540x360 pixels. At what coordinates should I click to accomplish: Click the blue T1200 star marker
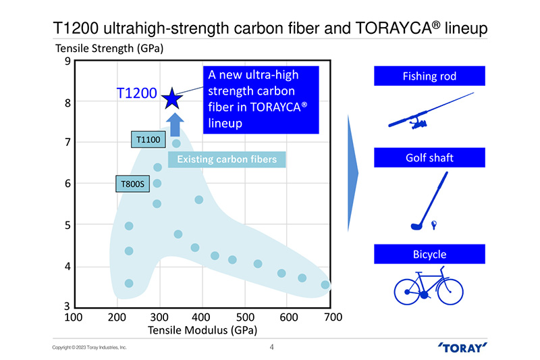[172, 99]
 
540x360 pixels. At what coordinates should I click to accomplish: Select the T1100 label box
[147, 140]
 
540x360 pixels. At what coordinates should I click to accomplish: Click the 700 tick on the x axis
[332, 317]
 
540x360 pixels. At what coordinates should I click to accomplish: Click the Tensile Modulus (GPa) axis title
[202, 330]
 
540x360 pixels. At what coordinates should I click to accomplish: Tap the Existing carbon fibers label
[227, 159]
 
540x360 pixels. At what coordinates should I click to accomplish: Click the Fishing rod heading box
[429, 76]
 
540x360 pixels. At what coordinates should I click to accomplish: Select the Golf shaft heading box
[429, 158]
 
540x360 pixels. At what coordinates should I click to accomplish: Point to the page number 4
[271, 348]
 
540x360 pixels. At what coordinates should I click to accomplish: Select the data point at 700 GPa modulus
[325, 284]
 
